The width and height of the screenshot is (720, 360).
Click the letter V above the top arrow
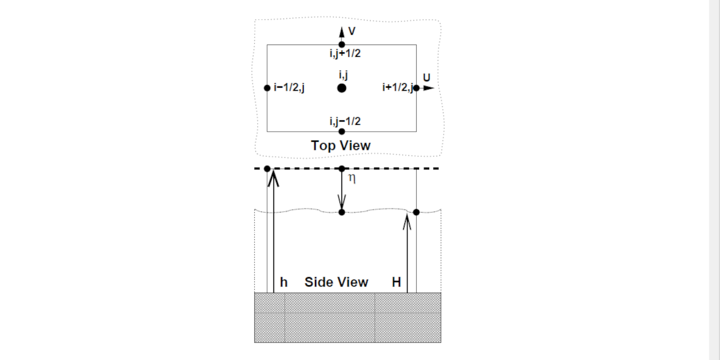[x=352, y=31]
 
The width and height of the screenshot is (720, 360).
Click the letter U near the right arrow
[x=426, y=77]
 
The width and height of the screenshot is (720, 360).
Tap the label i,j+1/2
[x=345, y=53]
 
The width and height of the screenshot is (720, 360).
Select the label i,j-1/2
[x=345, y=121]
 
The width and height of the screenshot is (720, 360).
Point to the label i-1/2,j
[x=289, y=88]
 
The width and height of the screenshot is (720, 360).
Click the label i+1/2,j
[x=397, y=87]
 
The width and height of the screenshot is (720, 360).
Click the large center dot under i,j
[x=341, y=88]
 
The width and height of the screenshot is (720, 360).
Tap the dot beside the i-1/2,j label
[x=267, y=88]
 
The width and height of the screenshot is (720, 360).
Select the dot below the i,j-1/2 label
[x=341, y=132]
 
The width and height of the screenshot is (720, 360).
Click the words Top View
[x=341, y=146]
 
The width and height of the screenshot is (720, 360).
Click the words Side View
[x=336, y=282]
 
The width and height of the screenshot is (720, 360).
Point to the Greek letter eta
[x=352, y=179]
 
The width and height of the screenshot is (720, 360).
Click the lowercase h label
[x=283, y=282]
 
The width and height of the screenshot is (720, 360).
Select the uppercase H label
[x=397, y=282]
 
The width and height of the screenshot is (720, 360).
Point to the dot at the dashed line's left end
[x=267, y=169]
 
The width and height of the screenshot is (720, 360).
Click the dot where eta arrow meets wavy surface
[x=341, y=212]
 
